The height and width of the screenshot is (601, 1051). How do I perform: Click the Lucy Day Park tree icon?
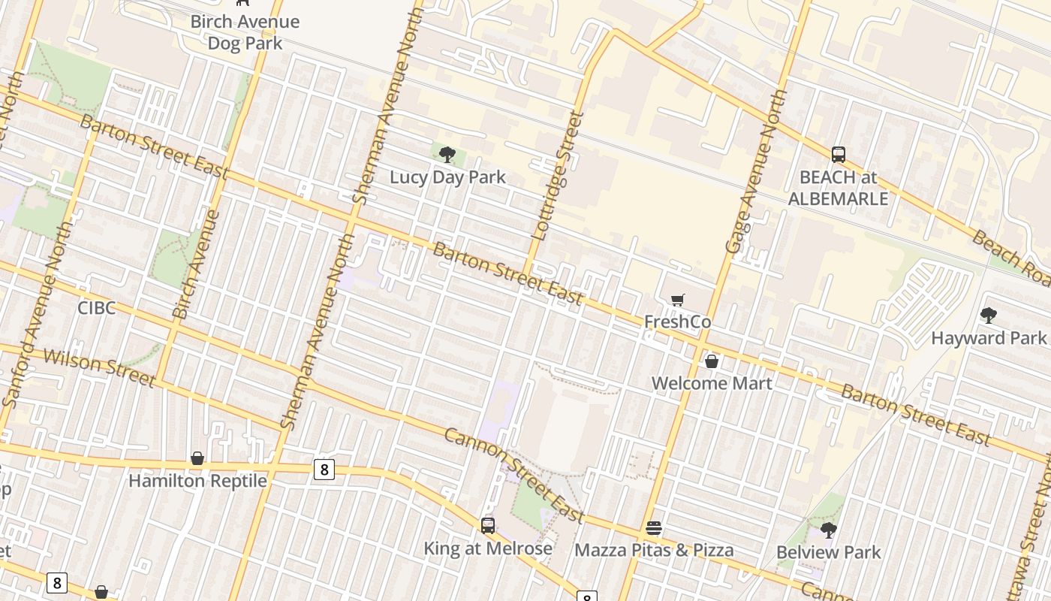(447, 156)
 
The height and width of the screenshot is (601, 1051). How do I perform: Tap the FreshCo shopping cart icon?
(677, 300)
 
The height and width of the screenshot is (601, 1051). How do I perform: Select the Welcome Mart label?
(712, 383)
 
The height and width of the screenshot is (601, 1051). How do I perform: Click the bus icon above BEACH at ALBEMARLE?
(839, 155)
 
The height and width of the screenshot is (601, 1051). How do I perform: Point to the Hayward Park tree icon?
(989, 316)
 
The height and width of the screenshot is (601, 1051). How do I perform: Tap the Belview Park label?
(829, 552)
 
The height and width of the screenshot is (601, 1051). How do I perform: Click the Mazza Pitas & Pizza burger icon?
(654, 528)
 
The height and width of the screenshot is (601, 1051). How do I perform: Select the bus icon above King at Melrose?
(488, 526)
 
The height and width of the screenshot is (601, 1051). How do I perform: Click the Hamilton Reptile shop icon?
(197, 458)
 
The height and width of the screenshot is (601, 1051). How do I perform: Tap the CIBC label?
(96, 308)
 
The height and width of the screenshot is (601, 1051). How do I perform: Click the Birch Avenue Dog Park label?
(245, 32)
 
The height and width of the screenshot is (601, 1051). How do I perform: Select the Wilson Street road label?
(99, 367)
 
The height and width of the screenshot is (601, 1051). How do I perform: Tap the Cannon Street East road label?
(514, 475)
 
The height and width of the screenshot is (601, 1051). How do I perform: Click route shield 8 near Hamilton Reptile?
(324, 470)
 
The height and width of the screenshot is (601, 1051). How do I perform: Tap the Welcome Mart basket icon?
(712, 361)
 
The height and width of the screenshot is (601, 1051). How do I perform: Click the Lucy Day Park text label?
(447, 177)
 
